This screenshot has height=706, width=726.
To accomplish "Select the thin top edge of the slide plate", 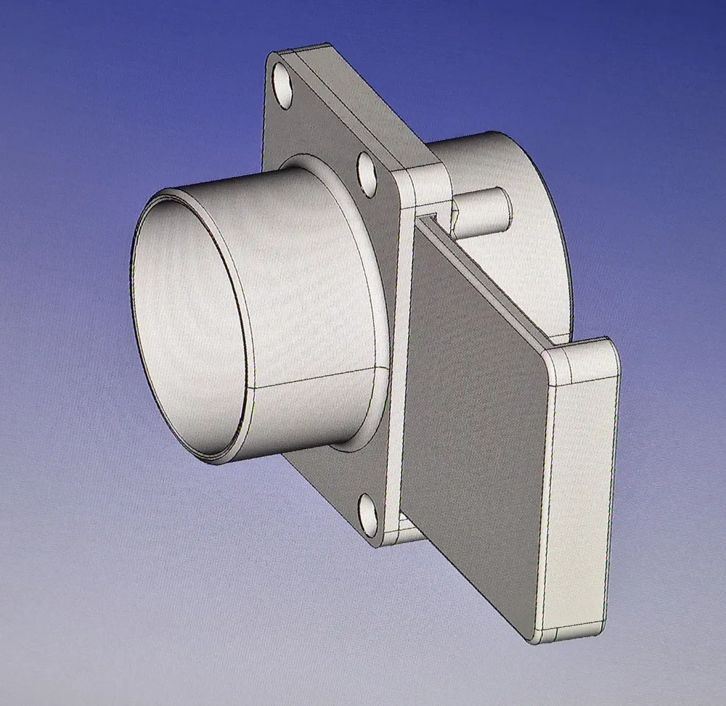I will pyautogui.click(x=494, y=283).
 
